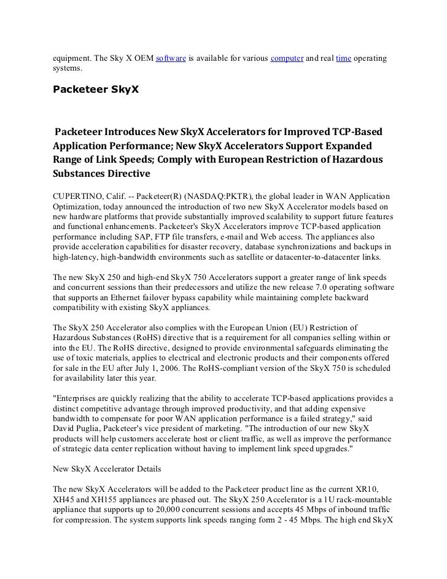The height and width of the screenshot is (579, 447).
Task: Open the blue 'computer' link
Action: click(x=287, y=58)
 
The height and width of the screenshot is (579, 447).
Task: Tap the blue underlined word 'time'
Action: click(x=343, y=58)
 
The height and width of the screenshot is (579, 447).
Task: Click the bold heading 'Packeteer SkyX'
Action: click(x=95, y=90)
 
